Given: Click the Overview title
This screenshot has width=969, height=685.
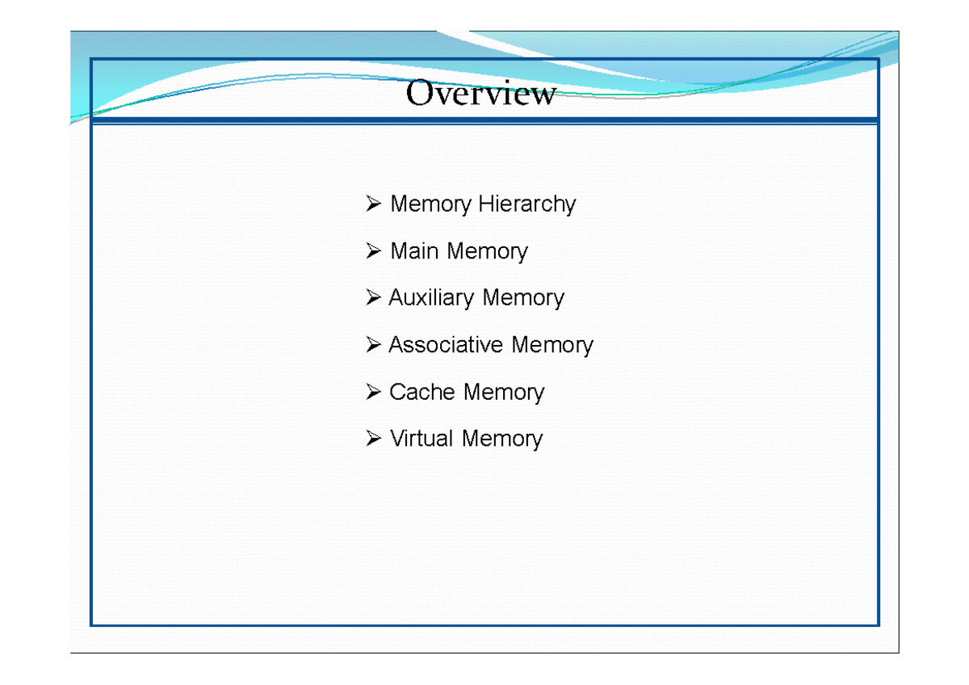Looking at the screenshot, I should [480, 94].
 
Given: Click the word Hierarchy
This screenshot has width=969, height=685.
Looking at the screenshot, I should [527, 204].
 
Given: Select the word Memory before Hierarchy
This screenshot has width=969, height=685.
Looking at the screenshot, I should [430, 204].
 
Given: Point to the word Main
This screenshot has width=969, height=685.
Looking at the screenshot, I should [413, 251].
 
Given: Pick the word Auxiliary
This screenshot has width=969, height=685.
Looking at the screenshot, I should [430, 298].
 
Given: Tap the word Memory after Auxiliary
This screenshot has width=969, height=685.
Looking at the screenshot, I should [522, 298].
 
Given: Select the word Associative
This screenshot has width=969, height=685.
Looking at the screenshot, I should [446, 345].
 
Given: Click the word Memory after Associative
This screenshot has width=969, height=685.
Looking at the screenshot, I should [552, 345].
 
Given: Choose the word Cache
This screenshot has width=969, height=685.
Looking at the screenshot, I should [422, 392].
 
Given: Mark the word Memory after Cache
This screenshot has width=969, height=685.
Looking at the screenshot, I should [504, 392].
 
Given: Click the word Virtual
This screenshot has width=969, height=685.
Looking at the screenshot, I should [422, 439].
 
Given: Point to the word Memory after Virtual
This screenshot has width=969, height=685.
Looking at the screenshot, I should [502, 439].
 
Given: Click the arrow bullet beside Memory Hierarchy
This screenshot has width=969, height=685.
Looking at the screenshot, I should [372, 204].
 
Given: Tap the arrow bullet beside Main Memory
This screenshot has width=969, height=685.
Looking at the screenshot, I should [372, 252].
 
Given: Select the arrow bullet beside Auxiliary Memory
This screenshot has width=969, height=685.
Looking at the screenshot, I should [372, 299].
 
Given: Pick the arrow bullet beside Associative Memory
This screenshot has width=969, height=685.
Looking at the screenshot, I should [372, 346].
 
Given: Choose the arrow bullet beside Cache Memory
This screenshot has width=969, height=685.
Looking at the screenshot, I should [372, 393].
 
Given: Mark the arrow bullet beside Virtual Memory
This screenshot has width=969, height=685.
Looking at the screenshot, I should [372, 439].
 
